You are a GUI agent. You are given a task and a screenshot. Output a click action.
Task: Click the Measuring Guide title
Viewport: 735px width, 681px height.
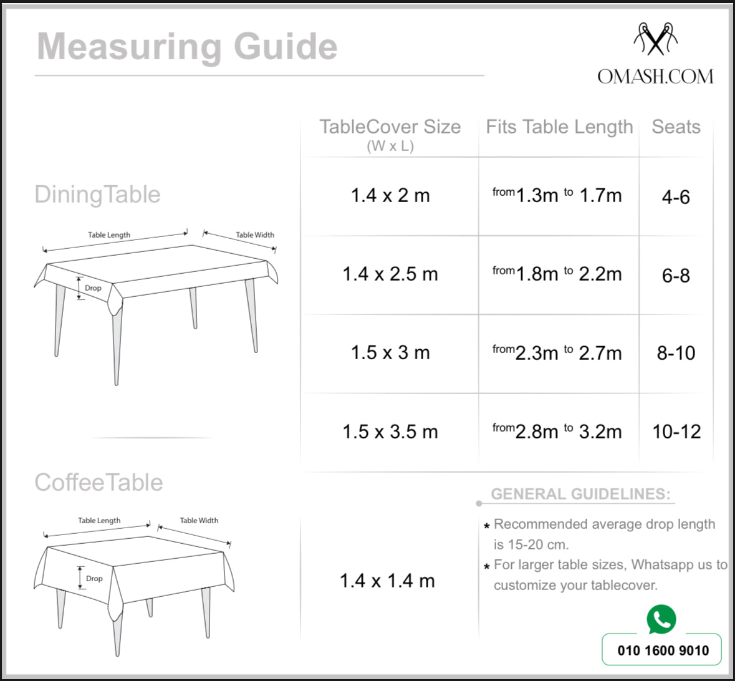(x=187, y=47)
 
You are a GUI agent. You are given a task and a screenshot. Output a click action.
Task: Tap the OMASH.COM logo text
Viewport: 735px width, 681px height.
(x=655, y=77)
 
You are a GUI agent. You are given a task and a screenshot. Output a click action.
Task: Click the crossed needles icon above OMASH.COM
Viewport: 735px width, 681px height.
(x=655, y=39)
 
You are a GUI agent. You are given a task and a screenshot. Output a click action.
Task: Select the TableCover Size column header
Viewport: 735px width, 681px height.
(x=390, y=127)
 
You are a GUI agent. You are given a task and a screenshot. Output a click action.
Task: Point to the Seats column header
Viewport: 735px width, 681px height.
(x=676, y=127)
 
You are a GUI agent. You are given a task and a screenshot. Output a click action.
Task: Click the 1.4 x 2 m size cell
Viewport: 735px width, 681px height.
(x=390, y=196)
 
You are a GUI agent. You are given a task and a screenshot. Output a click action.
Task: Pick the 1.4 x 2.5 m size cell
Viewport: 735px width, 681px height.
(x=390, y=274)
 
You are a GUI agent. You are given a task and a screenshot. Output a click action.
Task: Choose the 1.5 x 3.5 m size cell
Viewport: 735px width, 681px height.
(x=390, y=432)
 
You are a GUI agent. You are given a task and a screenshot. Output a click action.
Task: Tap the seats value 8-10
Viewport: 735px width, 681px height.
(x=676, y=353)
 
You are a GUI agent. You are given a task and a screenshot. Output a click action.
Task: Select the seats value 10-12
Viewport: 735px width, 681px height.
(x=676, y=432)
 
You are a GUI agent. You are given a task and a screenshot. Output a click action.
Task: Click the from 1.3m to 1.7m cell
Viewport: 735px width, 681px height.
(x=557, y=196)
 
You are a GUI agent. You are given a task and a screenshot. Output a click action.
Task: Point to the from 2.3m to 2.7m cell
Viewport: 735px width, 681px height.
(x=557, y=353)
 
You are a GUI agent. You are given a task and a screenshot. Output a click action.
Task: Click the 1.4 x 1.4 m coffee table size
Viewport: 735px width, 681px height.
(x=387, y=581)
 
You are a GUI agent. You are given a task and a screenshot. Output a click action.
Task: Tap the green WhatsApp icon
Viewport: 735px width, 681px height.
(x=661, y=619)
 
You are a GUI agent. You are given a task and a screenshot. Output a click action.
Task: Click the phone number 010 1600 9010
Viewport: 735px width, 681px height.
(x=663, y=650)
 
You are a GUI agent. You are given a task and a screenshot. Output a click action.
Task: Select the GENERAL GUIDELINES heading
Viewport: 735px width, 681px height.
(x=580, y=495)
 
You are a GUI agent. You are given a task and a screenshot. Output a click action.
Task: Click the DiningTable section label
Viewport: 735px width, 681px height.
(x=98, y=195)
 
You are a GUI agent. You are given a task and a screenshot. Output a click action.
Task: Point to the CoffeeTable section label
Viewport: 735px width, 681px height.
(x=99, y=483)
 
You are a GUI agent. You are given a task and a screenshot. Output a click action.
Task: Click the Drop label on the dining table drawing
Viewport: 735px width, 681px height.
(x=93, y=288)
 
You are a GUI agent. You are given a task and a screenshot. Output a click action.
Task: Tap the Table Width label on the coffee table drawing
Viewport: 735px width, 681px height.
(x=199, y=521)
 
